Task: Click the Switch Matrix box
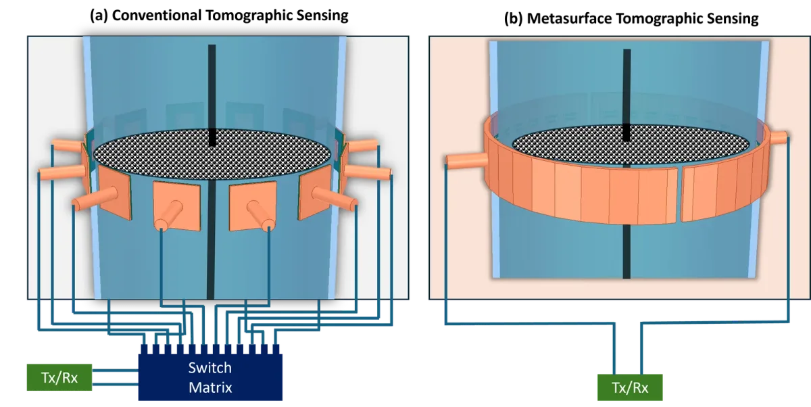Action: point(210,377)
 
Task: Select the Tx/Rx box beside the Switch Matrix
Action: point(59,377)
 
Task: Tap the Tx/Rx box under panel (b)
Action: point(630,387)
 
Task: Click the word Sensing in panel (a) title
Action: point(322,16)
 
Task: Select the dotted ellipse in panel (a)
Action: point(212,154)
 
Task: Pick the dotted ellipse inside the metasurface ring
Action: point(631,145)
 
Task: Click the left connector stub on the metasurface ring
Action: point(466,161)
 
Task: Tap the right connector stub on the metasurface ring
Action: point(779,138)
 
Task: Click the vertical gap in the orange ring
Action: point(679,195)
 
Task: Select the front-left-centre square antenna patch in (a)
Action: point(176,206)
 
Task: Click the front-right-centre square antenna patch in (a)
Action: point(253,206)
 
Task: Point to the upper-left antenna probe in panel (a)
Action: point(68,145)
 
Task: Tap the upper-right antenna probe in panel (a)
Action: point(362,145)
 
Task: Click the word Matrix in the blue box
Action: point(210,387)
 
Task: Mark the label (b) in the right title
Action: point(514,18)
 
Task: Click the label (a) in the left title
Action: point(99,16)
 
